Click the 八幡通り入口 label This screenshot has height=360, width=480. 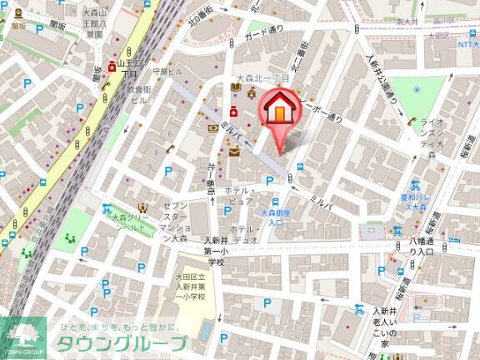pyautogui.click(x=421, y=246)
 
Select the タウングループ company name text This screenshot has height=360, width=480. pyautogui.click(x=122, y=344)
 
